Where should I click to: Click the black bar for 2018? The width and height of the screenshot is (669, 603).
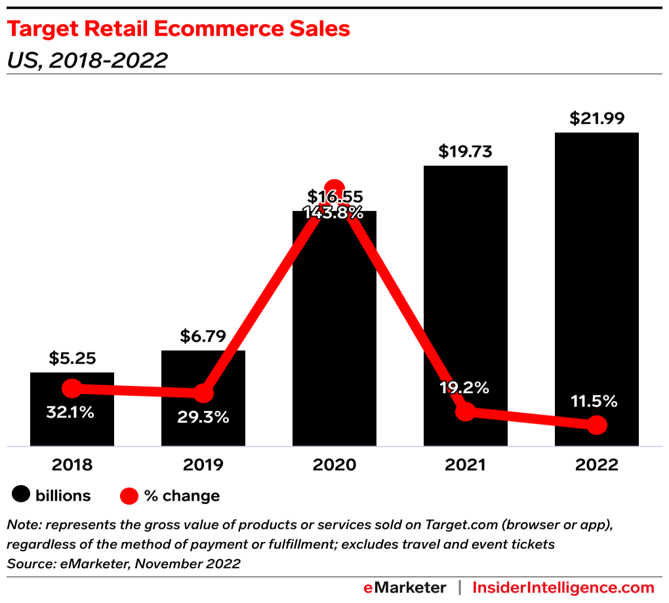click(x=72, y=426)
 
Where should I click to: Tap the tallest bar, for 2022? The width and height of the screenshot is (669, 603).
click(x=597, y=275)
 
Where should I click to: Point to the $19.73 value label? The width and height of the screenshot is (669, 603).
click(x=465, y=152)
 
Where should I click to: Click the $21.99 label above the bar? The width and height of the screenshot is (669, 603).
click(x=597, y=119)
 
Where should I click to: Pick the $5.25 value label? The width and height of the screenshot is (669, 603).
click(x=72, y=359)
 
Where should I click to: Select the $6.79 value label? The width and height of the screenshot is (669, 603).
click(x=203, y=336)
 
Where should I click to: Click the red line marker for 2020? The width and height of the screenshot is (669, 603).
click(x=334, y=187)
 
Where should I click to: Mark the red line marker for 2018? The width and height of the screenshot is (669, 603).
click(x=72, y=389)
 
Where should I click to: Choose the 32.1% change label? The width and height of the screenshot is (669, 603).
click(x=70, y=413)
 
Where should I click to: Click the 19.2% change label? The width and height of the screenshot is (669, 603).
click(x=464, y=387)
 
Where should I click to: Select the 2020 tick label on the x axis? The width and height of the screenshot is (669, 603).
click(x=334, y=465)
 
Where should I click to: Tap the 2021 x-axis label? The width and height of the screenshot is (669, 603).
click(x=466, y=465)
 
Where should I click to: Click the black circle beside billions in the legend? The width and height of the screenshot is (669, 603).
click(x=22, y=496)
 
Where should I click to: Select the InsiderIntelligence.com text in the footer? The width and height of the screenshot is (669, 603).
click(x=563, y=587)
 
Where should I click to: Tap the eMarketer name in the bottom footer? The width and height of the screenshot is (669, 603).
click(x=405, y=587)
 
